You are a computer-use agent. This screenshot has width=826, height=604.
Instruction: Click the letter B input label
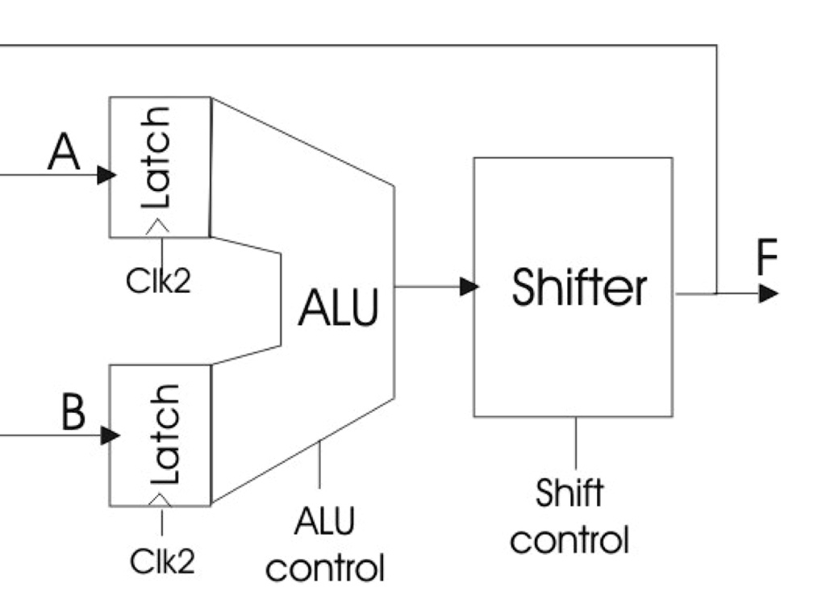(x=73, y=413)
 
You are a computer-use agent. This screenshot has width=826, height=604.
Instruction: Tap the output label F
(x=767, y=258)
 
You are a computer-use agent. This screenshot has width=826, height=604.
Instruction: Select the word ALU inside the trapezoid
(x=338, y=308)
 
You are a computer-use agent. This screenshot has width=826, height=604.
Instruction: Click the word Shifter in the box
(x=578, y=287)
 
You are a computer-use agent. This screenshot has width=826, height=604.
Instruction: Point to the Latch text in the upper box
(x=156, y=157)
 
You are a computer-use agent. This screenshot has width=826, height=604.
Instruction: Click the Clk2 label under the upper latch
(x=158, y=280)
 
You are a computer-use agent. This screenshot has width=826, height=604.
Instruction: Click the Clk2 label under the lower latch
(x=162, y=561)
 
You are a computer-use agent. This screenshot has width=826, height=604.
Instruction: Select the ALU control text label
(x=324, y=544)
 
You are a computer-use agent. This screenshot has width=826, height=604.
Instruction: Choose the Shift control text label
(x=569, y=515)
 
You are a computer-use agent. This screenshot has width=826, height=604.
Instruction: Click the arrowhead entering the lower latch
(x=110, y=435)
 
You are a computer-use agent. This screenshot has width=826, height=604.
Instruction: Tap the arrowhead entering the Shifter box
(x=469, y=285)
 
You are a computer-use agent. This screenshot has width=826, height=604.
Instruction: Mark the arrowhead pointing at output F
(x=768, y=294)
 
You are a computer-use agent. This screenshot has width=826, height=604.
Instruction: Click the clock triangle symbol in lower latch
(x=161, y=500)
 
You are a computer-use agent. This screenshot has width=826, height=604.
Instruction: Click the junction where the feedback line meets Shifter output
(x=716, y=294)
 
